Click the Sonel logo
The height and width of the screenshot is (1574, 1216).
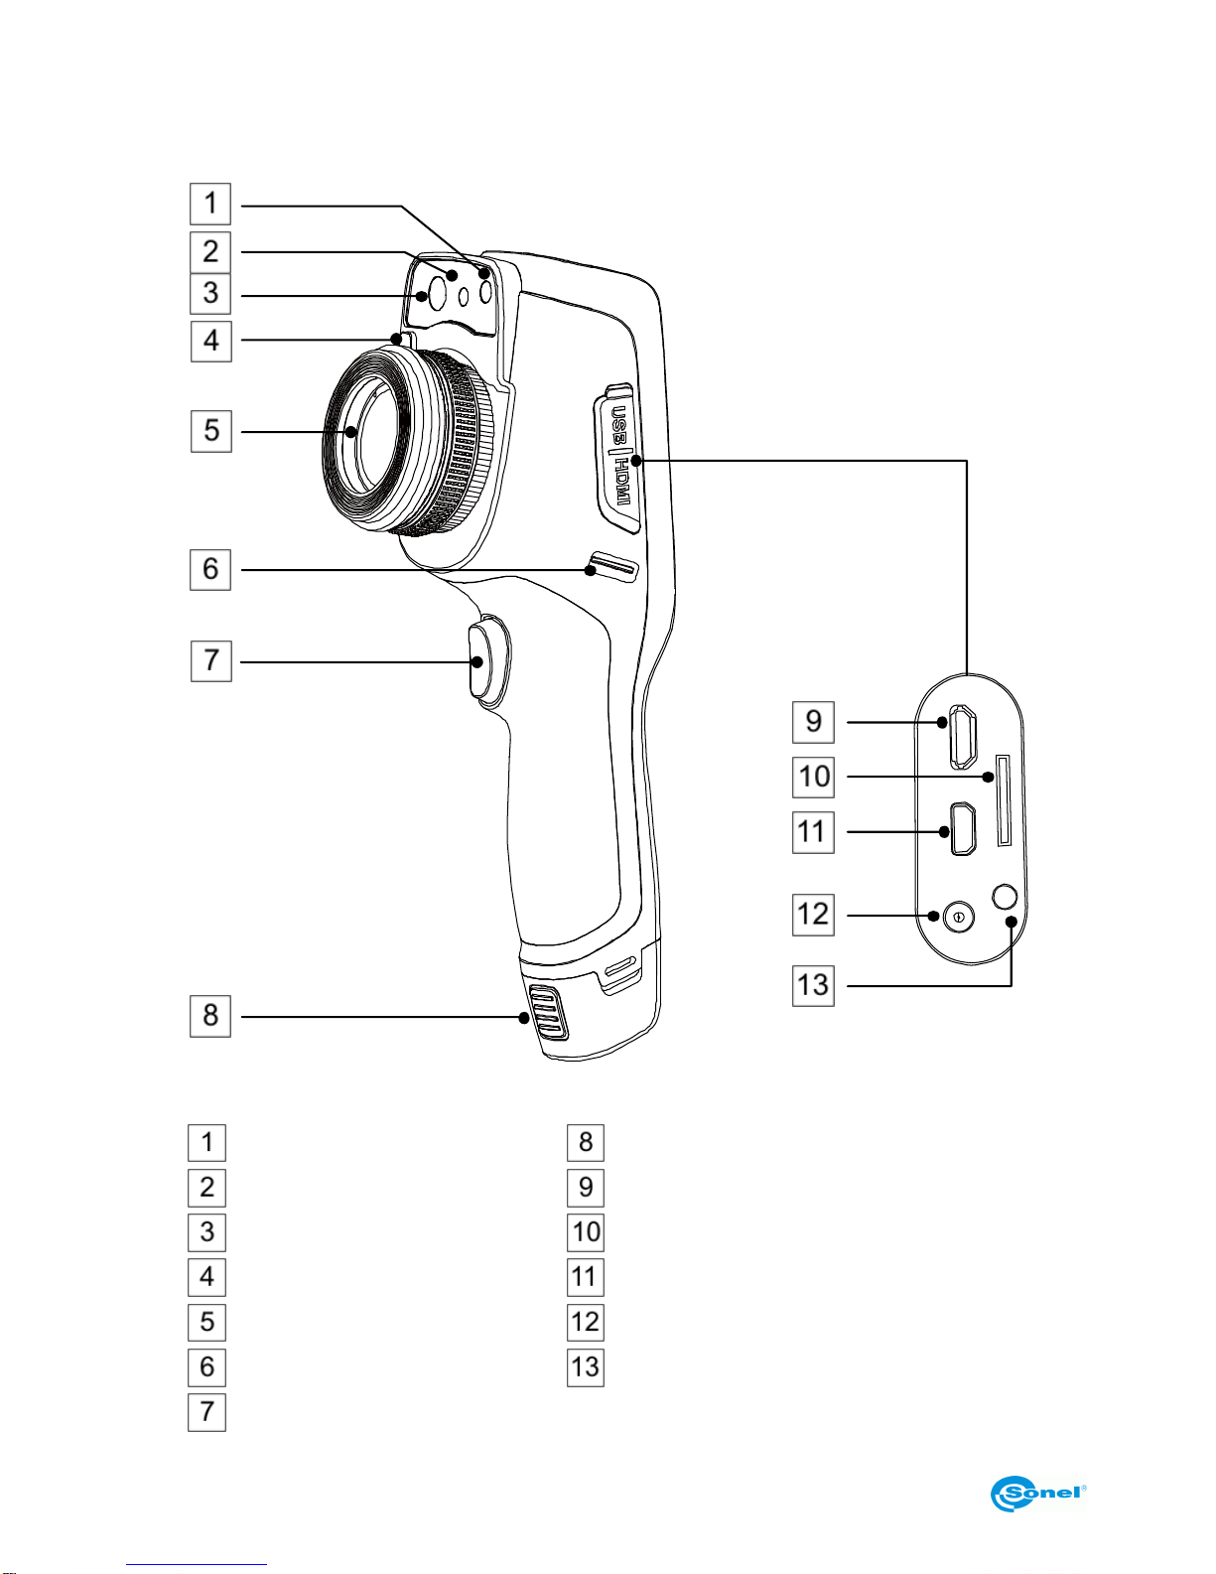click(1038, 1493)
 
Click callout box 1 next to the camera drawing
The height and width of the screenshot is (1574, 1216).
click(210, 205)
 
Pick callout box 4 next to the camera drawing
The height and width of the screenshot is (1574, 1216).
click(211, 342)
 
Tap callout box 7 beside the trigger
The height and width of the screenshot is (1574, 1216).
click(211, 660)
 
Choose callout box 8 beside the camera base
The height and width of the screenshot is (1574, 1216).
click(210, 1016)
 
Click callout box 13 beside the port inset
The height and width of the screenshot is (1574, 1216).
click(814, 986)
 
